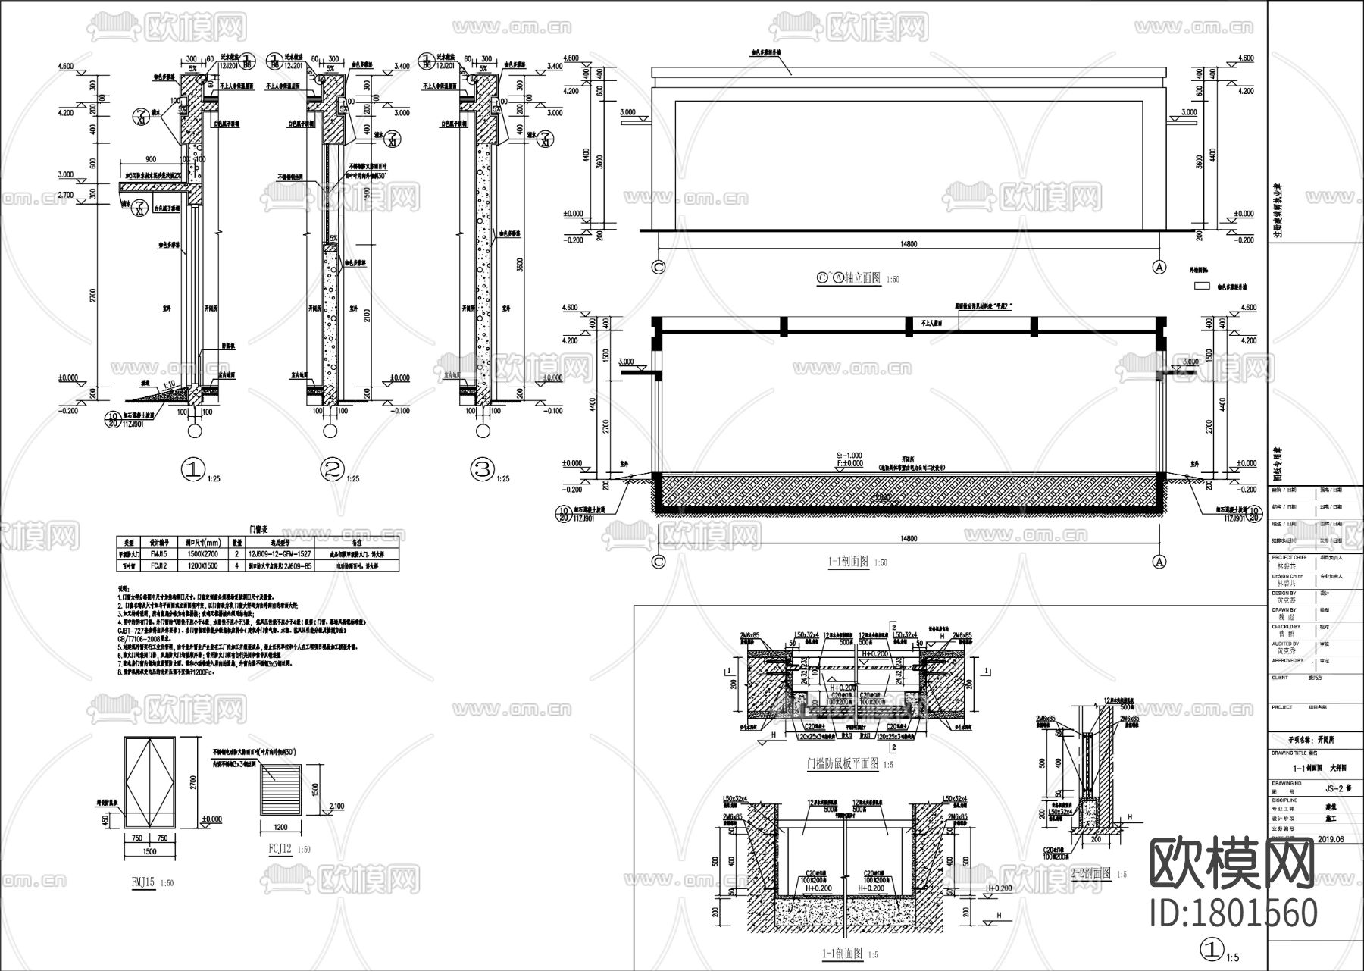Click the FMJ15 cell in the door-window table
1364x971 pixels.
(x=158, y=553)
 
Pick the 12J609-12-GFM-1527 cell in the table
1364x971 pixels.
(x=280, y=553)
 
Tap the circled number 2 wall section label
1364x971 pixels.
(x=330, y=471)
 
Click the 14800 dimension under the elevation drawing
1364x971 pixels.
(x=909, y=244)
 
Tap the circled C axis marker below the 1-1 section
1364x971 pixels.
(x=659, y=562)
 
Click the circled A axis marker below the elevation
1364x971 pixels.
(x=1159, y=267)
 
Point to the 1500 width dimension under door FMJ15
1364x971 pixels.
(x=149, y=852)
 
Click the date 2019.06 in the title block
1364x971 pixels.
(x=1331, y=839)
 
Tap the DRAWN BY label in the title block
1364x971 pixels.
(x=1284, y=609)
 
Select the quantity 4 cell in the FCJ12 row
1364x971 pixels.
(x=236, y=565)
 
